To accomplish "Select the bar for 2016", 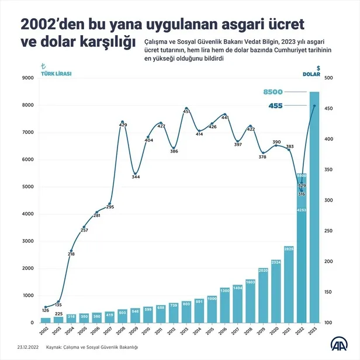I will [225, 305].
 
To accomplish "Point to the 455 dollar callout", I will [276, 106].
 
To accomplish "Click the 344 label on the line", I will [136, 176].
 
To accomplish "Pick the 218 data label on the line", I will [71, 254].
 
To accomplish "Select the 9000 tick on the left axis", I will [27, 78].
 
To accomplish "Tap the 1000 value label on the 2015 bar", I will [212, 299].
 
